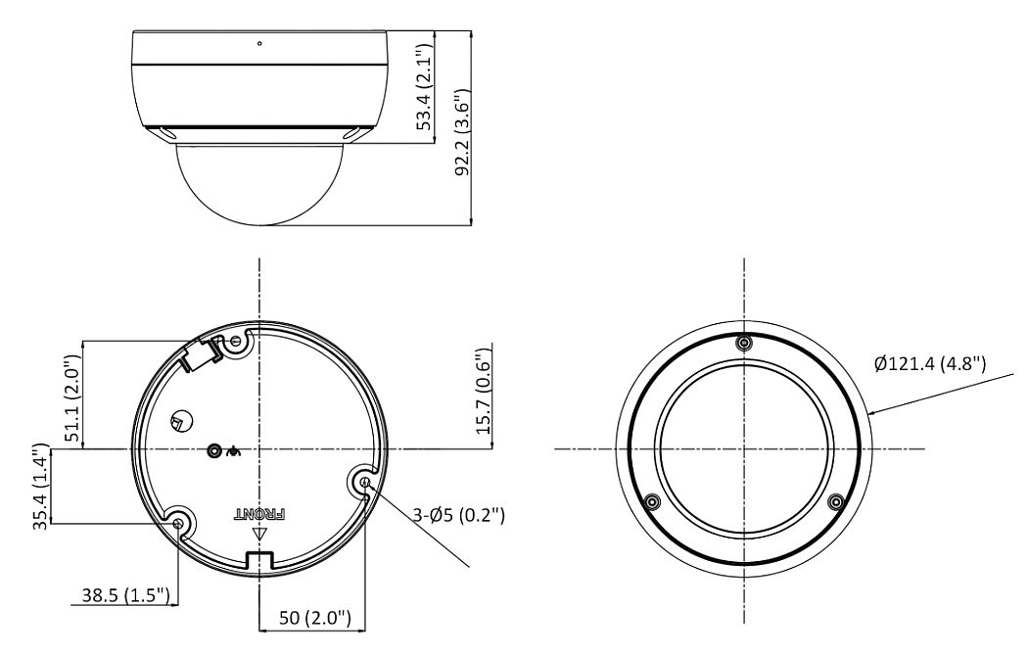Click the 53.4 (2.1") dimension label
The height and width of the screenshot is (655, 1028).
[x=425, y=86]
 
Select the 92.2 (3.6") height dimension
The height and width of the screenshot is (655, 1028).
[x=463, y=132]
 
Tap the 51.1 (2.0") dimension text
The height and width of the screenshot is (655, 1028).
[x=72, y=398]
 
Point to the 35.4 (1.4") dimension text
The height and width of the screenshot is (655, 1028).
[x=41, y=487]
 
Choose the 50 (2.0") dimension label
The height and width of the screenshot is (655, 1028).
[x=314, y=617]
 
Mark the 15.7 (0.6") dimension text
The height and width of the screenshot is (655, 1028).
[x=484, y=391]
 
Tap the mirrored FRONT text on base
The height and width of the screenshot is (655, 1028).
[x=260, y=513]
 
